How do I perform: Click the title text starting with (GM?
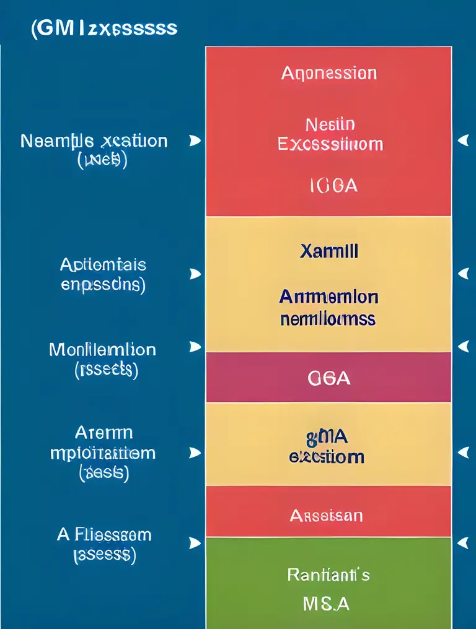coord(104,28)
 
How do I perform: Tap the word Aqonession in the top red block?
coord(328,73)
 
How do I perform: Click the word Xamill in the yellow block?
coord(328,251)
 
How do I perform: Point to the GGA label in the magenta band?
coord(328,378)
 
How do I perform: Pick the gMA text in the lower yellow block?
coord(327,437)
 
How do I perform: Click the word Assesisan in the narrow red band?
coord(327,515)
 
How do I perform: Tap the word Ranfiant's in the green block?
coord(328,575)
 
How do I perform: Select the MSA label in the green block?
coord(327,603)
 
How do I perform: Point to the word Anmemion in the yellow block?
coord(328,297)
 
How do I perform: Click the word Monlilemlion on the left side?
coord(102,349)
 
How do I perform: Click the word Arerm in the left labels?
coord(104,432)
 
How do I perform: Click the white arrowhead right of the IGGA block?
coord(462,141)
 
